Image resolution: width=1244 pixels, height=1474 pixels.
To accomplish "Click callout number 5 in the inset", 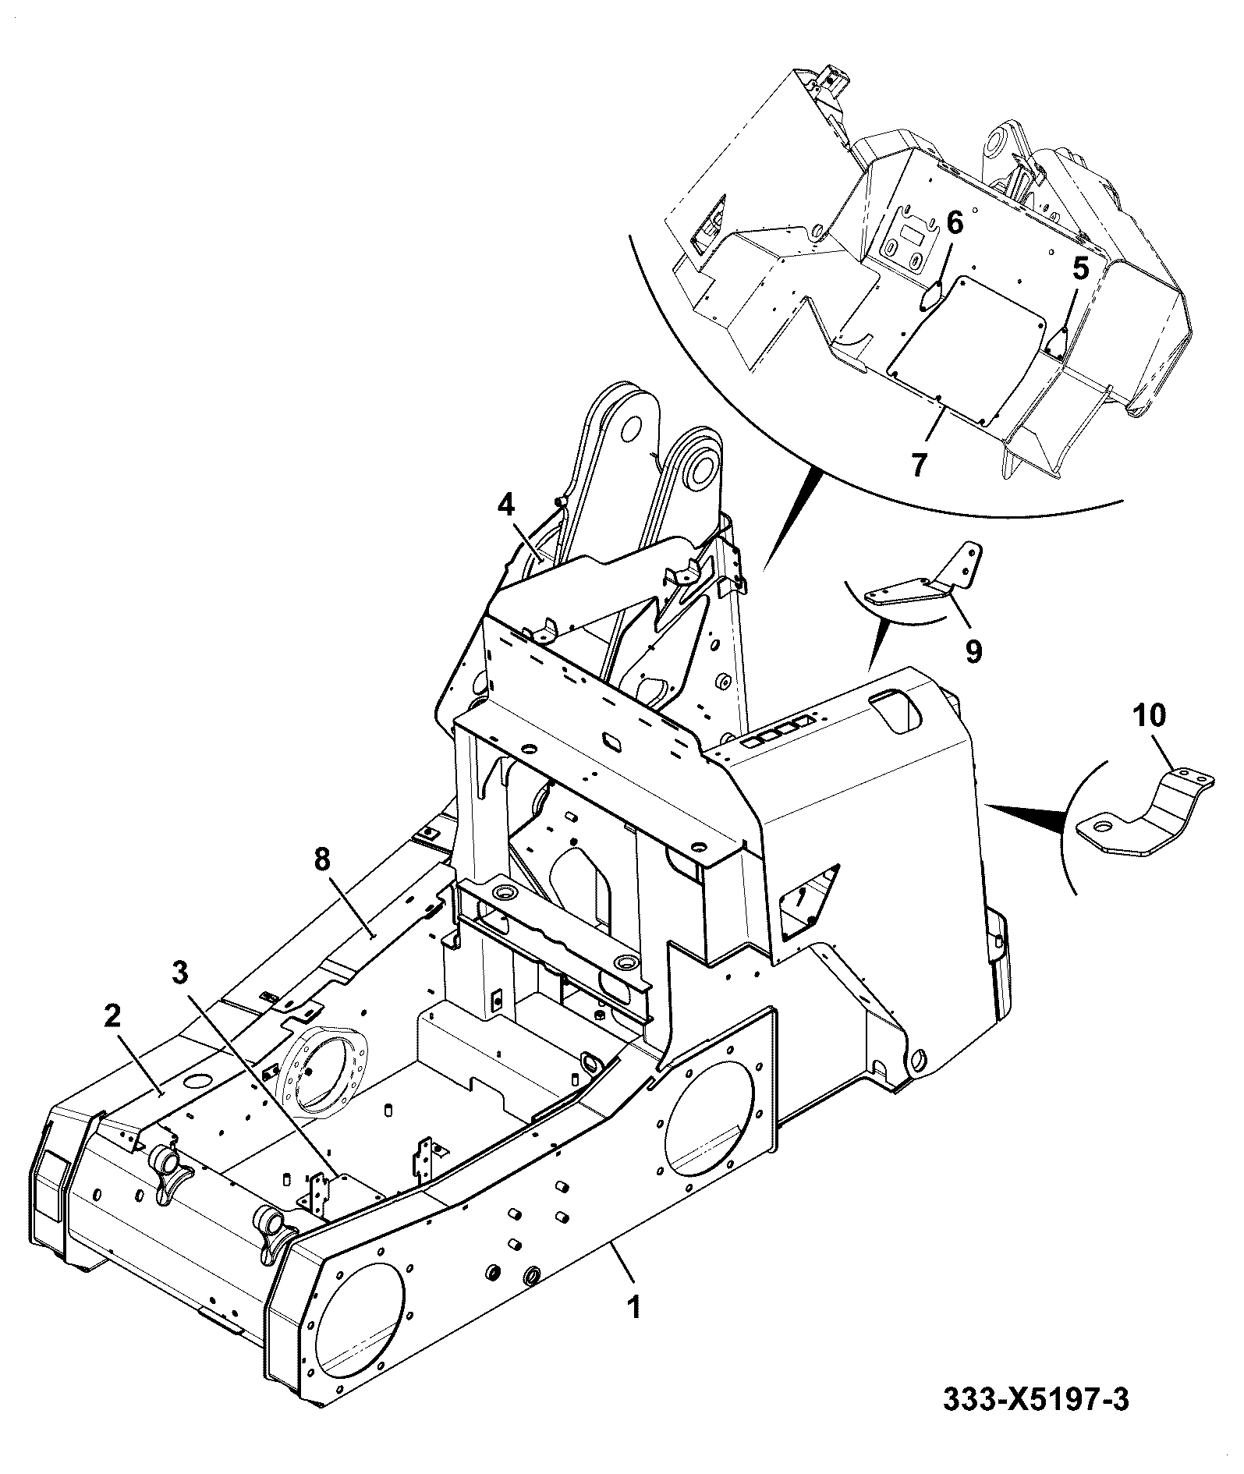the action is (1079, 268).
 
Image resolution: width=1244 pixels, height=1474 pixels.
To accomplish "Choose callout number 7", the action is (919, 466).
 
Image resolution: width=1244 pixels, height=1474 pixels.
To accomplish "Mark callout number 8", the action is (323, 860).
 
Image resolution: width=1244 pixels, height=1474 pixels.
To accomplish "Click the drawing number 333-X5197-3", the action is (1036, 1400).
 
